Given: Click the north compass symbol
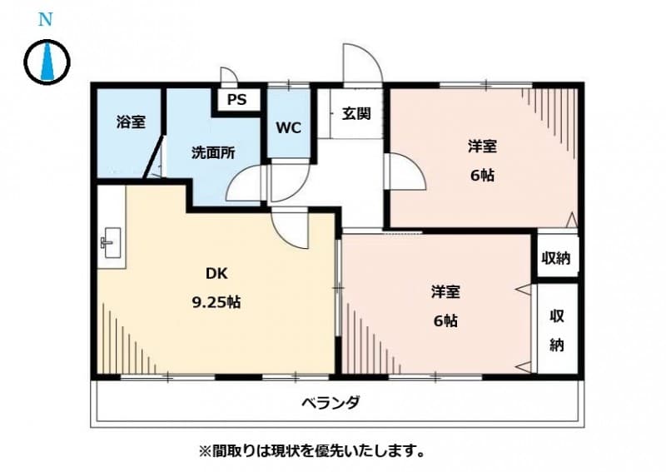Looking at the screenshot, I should coord(47,62).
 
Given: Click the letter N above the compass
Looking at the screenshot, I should coord(47,20).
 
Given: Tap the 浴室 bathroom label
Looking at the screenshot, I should coord(130,122).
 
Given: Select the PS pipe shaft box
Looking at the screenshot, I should coord(237,100).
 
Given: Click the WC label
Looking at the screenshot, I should coord(288,128).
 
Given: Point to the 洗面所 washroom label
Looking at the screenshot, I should coord(213,152).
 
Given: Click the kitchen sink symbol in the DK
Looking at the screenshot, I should coord(110,243).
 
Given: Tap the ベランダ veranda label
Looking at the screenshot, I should coord(331,404).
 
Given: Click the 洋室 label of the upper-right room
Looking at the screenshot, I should coord(482,147).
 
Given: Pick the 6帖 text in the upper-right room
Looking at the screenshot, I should coord(482,176).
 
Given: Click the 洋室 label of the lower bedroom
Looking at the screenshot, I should coord(445,291).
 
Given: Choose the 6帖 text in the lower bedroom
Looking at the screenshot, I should coord(445,320).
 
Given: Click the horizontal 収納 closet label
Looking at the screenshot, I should coord(556,257).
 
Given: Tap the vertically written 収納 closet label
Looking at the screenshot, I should coord(556,329).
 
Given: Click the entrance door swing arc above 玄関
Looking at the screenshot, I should coord(362,65).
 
